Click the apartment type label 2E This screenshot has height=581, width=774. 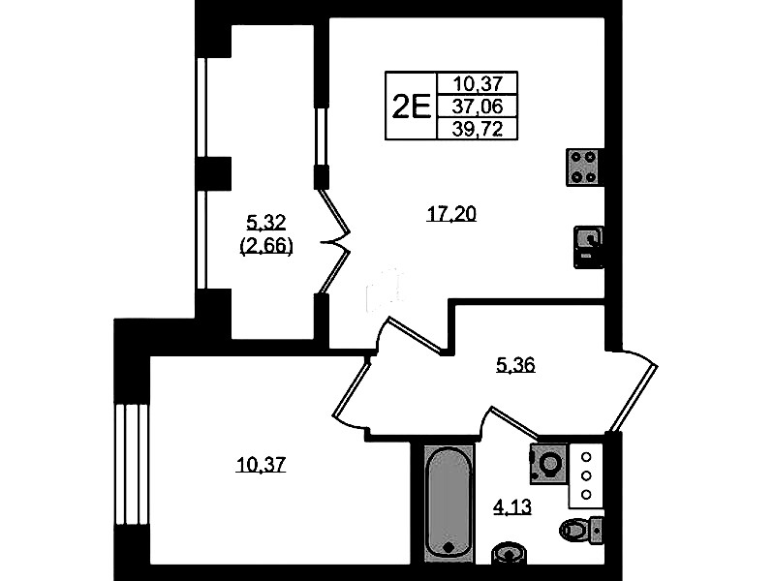pyautogui.click(x=411, y=107)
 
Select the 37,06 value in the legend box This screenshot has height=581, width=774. pyautogui.click(x=478, y=106)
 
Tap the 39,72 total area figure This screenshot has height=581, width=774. pyautogui.click(x=478, y=130)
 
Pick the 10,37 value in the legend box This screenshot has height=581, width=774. pyautogui.click(x=478, y=83)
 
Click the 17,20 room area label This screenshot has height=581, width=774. pyautogui.click(x=451, y=214)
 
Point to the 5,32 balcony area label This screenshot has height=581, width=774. pyautogui.click(x=266, y=223)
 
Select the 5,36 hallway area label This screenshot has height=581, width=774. pyautogui.click(x=515, y=365)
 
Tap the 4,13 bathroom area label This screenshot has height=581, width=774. pyautogui.click(x=512, y=507)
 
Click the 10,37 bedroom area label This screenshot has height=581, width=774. pyautogui.click(x=262, y=465)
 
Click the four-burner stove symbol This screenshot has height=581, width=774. pyautogui.click(x=585, y=167)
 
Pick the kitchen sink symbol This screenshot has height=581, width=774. pyautogui.click(x=588, y=247)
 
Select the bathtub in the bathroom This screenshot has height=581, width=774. pyautogui.click(x=449, y=503)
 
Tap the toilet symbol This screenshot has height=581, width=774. pyautogui.click(x=581, y=530)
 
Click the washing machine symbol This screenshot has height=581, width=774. pyautogui.click(x=549, y=463)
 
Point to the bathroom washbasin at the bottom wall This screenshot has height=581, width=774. pyautogui.click(x=509, y=553)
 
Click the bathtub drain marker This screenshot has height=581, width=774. pyautogui.click(x=449, y=548)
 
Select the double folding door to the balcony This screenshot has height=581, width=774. pyautogui.click(x=335, y=242)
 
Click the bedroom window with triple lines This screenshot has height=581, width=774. pyautogui.click(x=132, y=465)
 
